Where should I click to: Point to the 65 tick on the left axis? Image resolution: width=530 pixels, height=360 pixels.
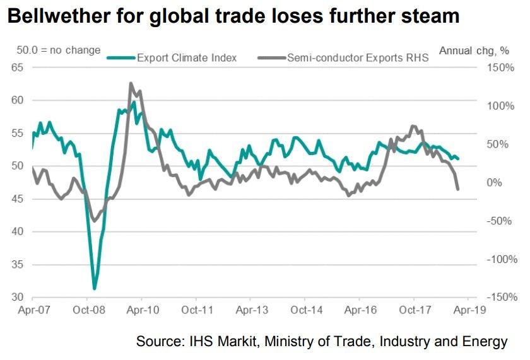point(18,67)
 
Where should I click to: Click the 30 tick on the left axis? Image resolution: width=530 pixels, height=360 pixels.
point(18,298)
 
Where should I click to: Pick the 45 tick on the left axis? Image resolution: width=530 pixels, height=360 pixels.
point(18,199)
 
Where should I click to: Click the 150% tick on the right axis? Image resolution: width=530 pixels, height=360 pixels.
point(501,67)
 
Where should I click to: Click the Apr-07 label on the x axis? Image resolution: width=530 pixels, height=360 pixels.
point(30,310)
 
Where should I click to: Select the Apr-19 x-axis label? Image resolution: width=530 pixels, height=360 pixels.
point(468,310)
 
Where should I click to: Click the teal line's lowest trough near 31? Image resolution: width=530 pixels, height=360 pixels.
point(95,289)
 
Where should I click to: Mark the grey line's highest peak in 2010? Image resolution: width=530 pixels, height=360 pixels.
point(131,83)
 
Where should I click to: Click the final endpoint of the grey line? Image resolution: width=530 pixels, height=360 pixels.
point(457,189)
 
